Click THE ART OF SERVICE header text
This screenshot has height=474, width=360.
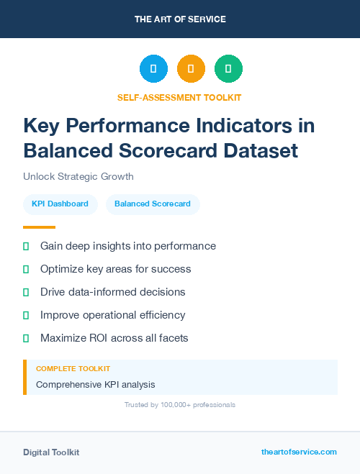point(180,19)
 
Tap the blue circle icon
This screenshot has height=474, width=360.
point(153,69)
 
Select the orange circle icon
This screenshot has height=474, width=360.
point(191,69)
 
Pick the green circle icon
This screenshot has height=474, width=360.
point(228,69)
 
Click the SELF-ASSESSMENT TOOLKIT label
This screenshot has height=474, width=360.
point(179,97)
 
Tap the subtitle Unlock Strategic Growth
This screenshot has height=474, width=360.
point(78,176)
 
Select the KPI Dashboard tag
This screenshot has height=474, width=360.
point(60,204)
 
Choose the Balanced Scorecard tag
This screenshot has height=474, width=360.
point(153,204)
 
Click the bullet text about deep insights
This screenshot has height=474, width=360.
point(128,246)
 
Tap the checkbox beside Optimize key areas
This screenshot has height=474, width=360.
point(26,269)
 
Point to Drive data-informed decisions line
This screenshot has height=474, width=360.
point(113,292)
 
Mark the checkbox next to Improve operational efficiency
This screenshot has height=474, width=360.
point(26,315)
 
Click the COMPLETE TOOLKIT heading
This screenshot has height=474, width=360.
point(73,368)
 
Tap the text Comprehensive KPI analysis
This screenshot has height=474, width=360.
point(96,385)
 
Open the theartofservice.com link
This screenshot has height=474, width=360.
point(299,452)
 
